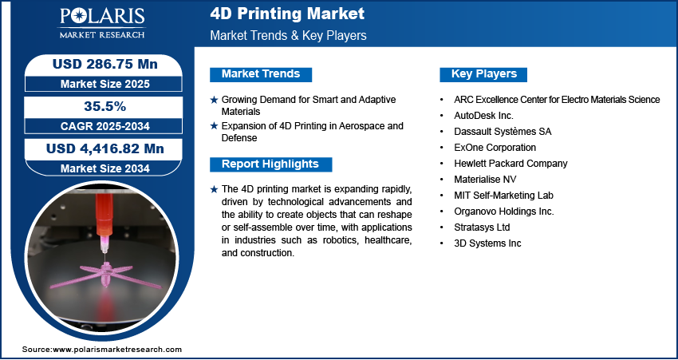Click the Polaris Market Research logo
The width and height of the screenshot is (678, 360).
pyautogui.click(x=102, y=23)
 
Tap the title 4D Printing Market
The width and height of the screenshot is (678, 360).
pyautogui.click(x=287, y=14)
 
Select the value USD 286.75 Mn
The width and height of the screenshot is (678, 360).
pyautogui.click(x=105, y=64)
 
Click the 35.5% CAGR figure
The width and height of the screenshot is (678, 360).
pyautogui.click(x=104, y=106)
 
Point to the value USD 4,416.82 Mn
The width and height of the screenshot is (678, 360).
pyautogui.click(x=105, y=148)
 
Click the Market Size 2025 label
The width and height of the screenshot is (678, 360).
pyautogui.click(x=105, y=84)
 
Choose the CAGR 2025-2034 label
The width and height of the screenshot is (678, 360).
pyautogui.click(x=105, y=126)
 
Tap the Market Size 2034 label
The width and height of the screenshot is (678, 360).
pyautogui.click(x=105, y=168)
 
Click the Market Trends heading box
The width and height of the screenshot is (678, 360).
pyautogui.click(x=261, y=74)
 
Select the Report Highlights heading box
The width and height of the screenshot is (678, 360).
pyautogui.click(x=270, y=164)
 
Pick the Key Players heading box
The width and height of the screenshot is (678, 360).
pyautogui.click(x=483, y=74)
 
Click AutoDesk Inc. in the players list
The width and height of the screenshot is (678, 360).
pyautogui.click(x=483, y=116)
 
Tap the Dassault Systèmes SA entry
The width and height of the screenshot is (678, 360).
pyautogui.click(x=503, y=132)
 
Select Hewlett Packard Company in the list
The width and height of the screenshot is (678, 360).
pyautogui.click(x=510, y=164)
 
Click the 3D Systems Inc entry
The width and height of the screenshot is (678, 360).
pyautogui.click(x=487, y=243)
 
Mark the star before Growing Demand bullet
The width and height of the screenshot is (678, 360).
pyautogui.click(x=214, y=100)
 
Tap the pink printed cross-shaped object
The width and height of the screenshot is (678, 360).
pyautogui.click(x=106, y=276)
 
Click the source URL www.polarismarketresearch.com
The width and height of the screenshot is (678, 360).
pyautogui.click(x=117, y=349)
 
